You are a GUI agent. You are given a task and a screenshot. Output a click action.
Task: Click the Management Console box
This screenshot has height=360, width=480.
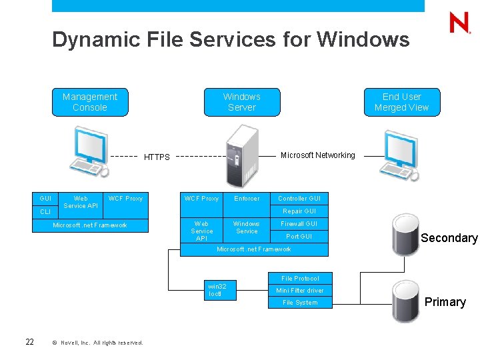click(89, 102)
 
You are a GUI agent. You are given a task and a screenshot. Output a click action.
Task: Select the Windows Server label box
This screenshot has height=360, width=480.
click(241, 102)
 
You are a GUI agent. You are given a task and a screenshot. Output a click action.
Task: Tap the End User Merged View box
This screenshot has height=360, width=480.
click(401, 102)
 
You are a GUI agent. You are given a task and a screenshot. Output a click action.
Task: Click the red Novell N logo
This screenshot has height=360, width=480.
click(459, 23)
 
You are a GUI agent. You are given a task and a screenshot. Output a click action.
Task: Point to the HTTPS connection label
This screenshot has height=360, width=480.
click(157, 157)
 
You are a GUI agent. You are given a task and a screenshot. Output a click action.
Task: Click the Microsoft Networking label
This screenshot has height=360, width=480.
click(318, 155)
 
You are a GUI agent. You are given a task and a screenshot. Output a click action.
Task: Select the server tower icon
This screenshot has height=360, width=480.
click(241, 155)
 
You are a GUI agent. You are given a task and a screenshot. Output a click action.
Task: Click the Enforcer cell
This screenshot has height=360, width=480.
click(247, 199)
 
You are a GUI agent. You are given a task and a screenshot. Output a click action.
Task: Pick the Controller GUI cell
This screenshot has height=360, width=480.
click(299, 199)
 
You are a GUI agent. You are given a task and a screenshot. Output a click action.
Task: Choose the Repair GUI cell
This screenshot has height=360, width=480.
click(299, 211)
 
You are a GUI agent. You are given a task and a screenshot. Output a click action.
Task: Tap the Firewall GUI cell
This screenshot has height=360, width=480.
click(299, 224)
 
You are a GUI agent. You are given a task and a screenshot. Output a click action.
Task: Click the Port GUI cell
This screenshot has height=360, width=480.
click(299, 237)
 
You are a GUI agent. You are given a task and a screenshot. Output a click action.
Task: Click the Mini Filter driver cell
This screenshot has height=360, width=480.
click(299, 291)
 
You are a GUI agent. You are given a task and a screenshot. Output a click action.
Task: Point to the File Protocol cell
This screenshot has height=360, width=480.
click(299, 278)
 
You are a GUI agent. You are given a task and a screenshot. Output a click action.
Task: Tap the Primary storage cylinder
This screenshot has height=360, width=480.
click(405, 301)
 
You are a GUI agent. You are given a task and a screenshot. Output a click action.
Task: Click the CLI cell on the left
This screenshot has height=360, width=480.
click(45, 212)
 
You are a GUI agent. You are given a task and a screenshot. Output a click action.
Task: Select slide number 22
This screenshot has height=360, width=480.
click(29, 342)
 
